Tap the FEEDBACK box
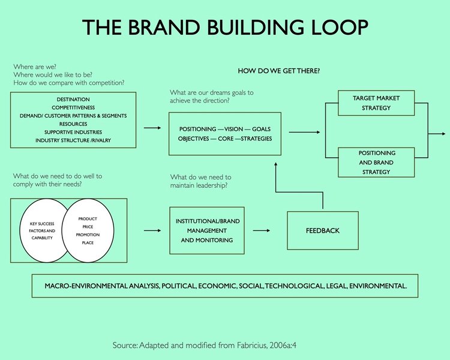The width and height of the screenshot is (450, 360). click(x=322, y=230)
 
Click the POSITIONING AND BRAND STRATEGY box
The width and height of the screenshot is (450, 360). click(x=376, y=163)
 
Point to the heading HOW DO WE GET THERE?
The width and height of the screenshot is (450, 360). click(x=278, y=71)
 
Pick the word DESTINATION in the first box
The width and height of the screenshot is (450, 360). click(x=73, y=99)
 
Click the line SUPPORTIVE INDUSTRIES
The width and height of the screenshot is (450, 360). click(x=73, y=132)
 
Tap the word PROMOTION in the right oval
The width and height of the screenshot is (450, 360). click(x=88, y=235)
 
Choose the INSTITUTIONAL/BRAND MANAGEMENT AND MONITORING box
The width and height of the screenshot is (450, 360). click(x=207, y=230)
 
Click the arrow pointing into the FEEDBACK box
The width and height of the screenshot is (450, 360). click(x=260, y=230)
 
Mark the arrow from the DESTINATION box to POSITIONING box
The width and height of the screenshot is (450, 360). click(x=152, y=128)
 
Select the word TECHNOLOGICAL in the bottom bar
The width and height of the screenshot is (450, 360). click(x=292, y=286)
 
